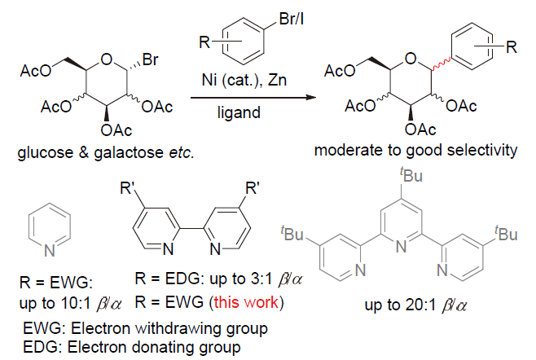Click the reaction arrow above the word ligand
[253, 98]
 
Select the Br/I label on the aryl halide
[292, 19]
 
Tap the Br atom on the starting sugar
[151, 59]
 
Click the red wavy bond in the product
[442, 64]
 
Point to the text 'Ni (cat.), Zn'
[244, 80]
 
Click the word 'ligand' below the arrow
[239, 112]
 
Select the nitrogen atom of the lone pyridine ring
[50, 252]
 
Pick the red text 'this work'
[246, 302]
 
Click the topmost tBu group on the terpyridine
[411, 175]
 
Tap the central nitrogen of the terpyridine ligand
[402, 247]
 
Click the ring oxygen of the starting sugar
[107, 59]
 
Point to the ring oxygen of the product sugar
[411, 59]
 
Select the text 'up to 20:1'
[400, 305]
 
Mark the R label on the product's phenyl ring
[512, 47]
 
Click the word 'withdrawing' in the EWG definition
[174, 328]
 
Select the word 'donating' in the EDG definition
[160, 347]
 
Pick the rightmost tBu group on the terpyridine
[506, 234]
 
